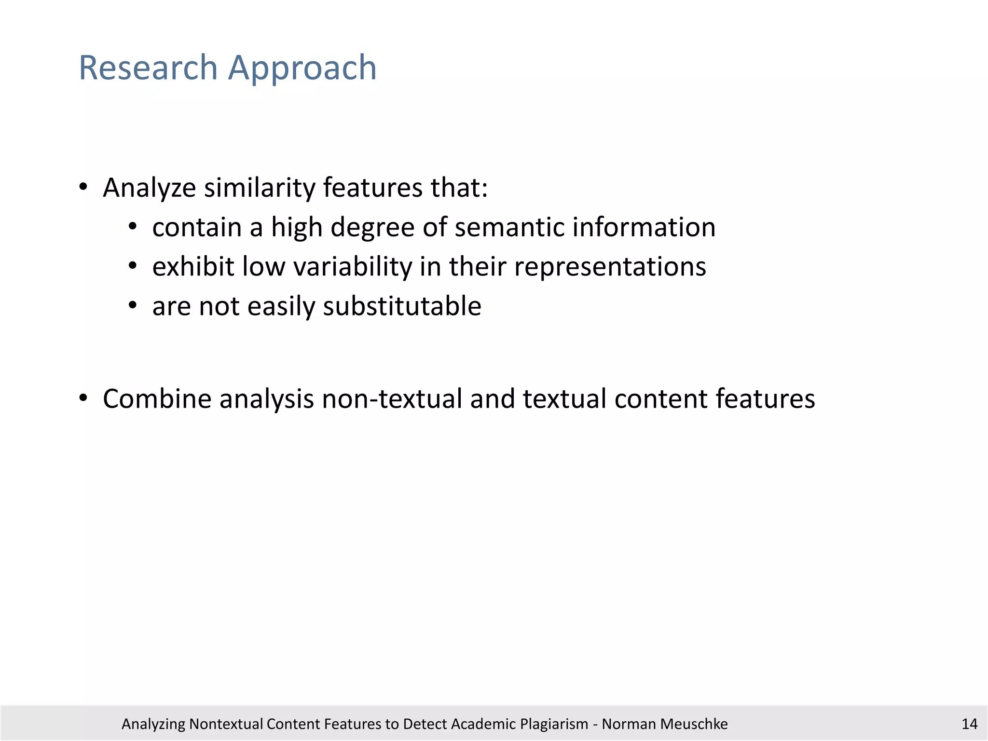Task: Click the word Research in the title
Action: pos(148,68)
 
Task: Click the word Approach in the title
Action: pos(302,69)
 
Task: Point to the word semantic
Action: pos(509,227)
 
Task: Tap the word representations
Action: pos(610,267)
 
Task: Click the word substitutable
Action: pos(402,306)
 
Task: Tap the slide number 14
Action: pos(969,724)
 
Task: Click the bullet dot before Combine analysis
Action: pos(83,398)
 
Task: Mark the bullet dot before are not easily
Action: pos(133,305)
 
